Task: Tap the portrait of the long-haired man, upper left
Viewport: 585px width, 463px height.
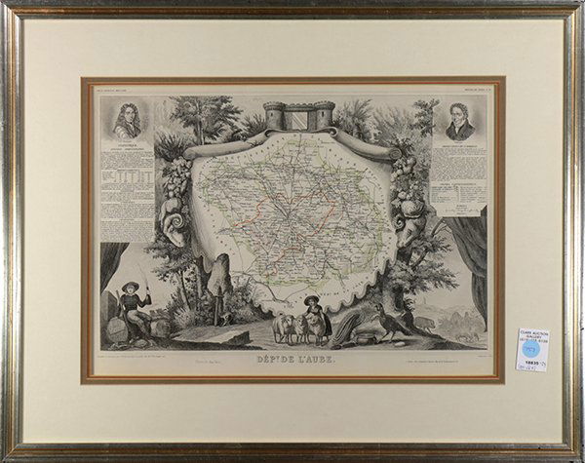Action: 126,121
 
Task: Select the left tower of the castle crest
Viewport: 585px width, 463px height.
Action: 272,116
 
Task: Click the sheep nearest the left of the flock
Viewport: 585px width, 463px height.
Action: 281,326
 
